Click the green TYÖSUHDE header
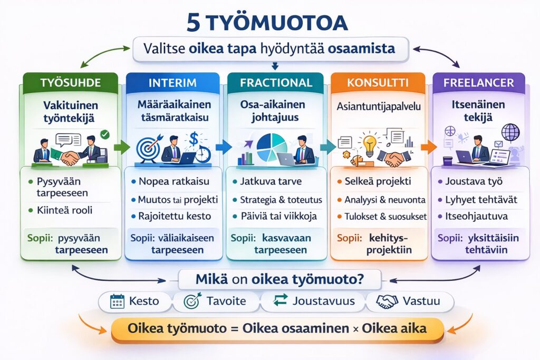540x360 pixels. (71, 83)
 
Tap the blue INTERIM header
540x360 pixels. (172, 83)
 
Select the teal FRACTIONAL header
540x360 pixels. (276, 83)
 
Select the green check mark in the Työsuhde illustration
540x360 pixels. (104, 134)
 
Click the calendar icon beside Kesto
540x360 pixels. (117, 301)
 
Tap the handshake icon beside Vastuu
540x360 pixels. (387, 301)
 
